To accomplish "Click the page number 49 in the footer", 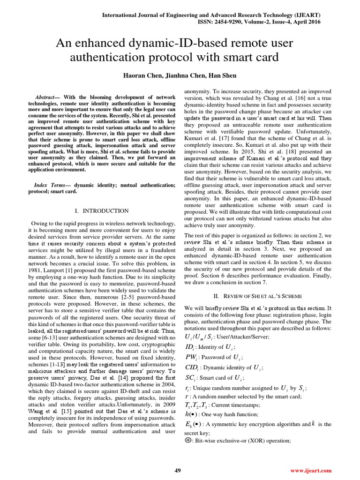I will pyautogui.click(x=178, y=470).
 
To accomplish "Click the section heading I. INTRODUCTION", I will pyautogui.click(x=102, y=211).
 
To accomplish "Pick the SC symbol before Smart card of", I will pyautogui.click(x=191, y=378).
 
